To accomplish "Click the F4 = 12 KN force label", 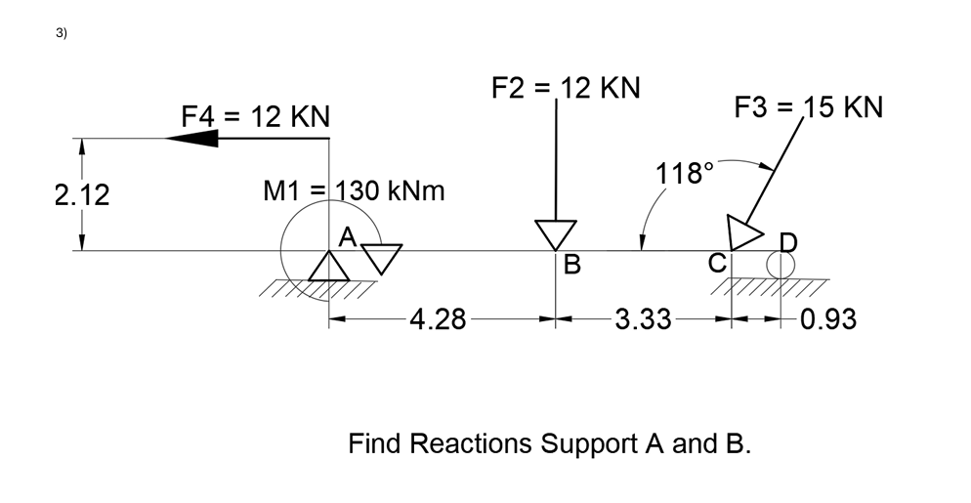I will tap(256, 117).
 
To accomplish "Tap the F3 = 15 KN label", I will tap(808, 106).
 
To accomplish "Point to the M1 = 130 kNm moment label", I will tap(355, 190).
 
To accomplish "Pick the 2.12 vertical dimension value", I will tap(82, 195).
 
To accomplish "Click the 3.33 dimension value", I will tap(643, 319).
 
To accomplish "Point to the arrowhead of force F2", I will tap(555, 235).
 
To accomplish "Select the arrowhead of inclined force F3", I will tap(744, 232).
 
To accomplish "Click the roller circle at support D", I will tap(780, 265).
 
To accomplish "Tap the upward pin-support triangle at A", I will tap(329, 266).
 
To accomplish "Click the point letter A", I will tap(346, 237).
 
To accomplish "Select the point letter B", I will tap(572, 264).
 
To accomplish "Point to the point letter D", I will tap(787, 241).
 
